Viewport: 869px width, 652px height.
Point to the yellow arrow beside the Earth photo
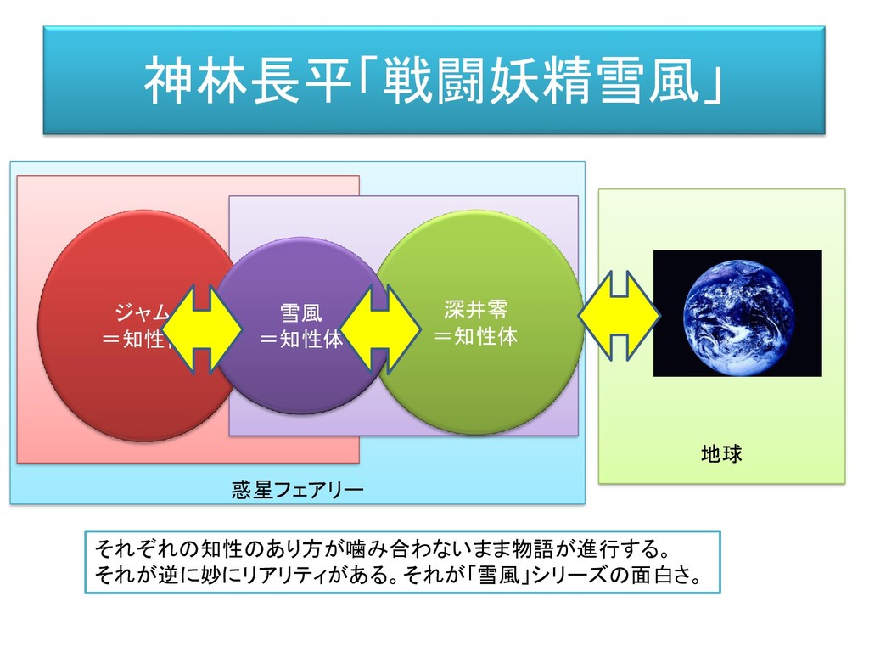point(620,314)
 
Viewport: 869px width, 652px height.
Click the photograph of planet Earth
point(737,313)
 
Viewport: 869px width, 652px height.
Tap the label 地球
point(721,455)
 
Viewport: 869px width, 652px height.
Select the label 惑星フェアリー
point(297,490)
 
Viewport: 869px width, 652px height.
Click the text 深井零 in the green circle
point(475,308)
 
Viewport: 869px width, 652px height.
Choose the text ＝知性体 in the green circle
point(475,336)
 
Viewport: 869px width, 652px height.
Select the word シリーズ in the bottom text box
point(580,576)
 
